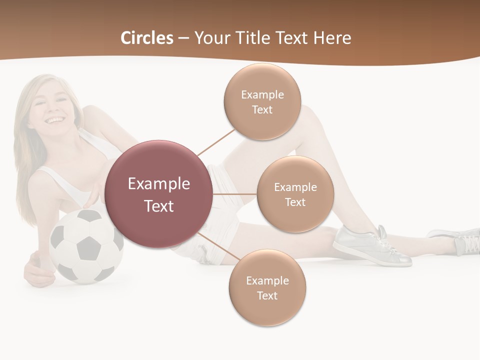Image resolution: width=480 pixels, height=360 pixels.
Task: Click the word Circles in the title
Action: tap(146, 38)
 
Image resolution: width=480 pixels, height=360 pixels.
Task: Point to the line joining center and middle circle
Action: tap(235, 194)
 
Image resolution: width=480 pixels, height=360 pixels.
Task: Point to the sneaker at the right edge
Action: tap(457, 239)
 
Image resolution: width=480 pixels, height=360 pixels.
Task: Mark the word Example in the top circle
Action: tap(262, 94)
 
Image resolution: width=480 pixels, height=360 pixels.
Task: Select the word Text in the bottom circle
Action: tap(267, 295)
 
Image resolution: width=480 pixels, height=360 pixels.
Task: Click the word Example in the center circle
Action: tap(159, 183)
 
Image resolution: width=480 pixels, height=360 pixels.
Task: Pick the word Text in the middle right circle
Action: tap(295, 202)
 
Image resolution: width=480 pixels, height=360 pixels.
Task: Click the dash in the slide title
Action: tap(183, 38)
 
